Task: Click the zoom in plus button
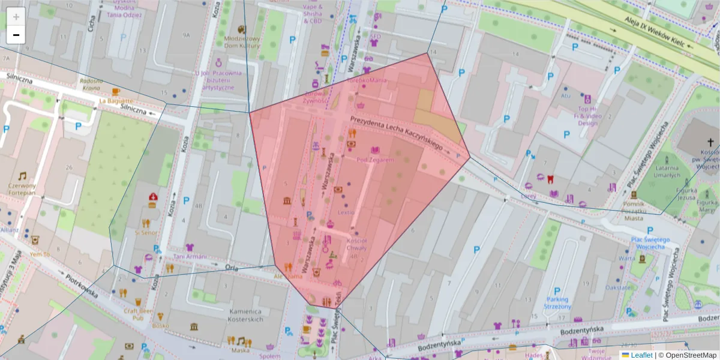tap(16, 17)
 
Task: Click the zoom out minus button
tap(16, 35)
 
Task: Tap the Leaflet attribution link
tap(641, 355)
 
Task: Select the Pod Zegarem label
tap(375, 160)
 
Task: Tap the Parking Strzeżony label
tap(557, 302)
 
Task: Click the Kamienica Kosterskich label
tap(246, 316)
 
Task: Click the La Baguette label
tap(115, 101)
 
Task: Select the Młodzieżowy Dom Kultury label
tap(242, 42)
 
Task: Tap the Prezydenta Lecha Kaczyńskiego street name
tap(397, 133)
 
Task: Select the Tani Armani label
tap(190, 257)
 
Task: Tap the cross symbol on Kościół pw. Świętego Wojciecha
tap(710, 142)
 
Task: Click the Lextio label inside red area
tap(346, 212)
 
